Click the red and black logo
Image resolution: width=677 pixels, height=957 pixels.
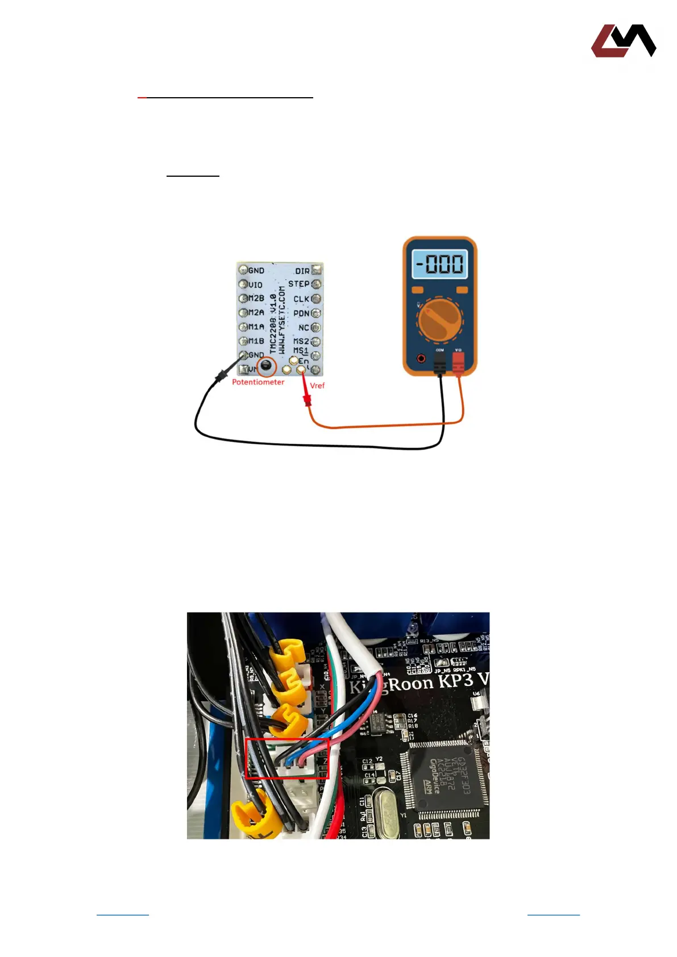point(624,41)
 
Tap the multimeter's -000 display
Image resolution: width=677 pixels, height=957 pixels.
point(439,264)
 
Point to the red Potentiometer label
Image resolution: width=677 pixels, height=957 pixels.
point(258,382)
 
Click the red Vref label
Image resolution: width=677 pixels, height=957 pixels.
point(317,386)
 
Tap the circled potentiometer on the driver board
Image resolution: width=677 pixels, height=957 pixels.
point(266,365)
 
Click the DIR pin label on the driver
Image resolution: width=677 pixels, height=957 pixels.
point(302,271)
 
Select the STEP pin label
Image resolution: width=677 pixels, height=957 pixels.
point(298,284)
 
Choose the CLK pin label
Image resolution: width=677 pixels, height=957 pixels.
point(301,299)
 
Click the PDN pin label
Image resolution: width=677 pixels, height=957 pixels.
point(301,313)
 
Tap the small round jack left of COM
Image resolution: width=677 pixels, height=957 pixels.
point(421,359)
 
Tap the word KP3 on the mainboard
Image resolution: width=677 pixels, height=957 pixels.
point(457,681)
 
